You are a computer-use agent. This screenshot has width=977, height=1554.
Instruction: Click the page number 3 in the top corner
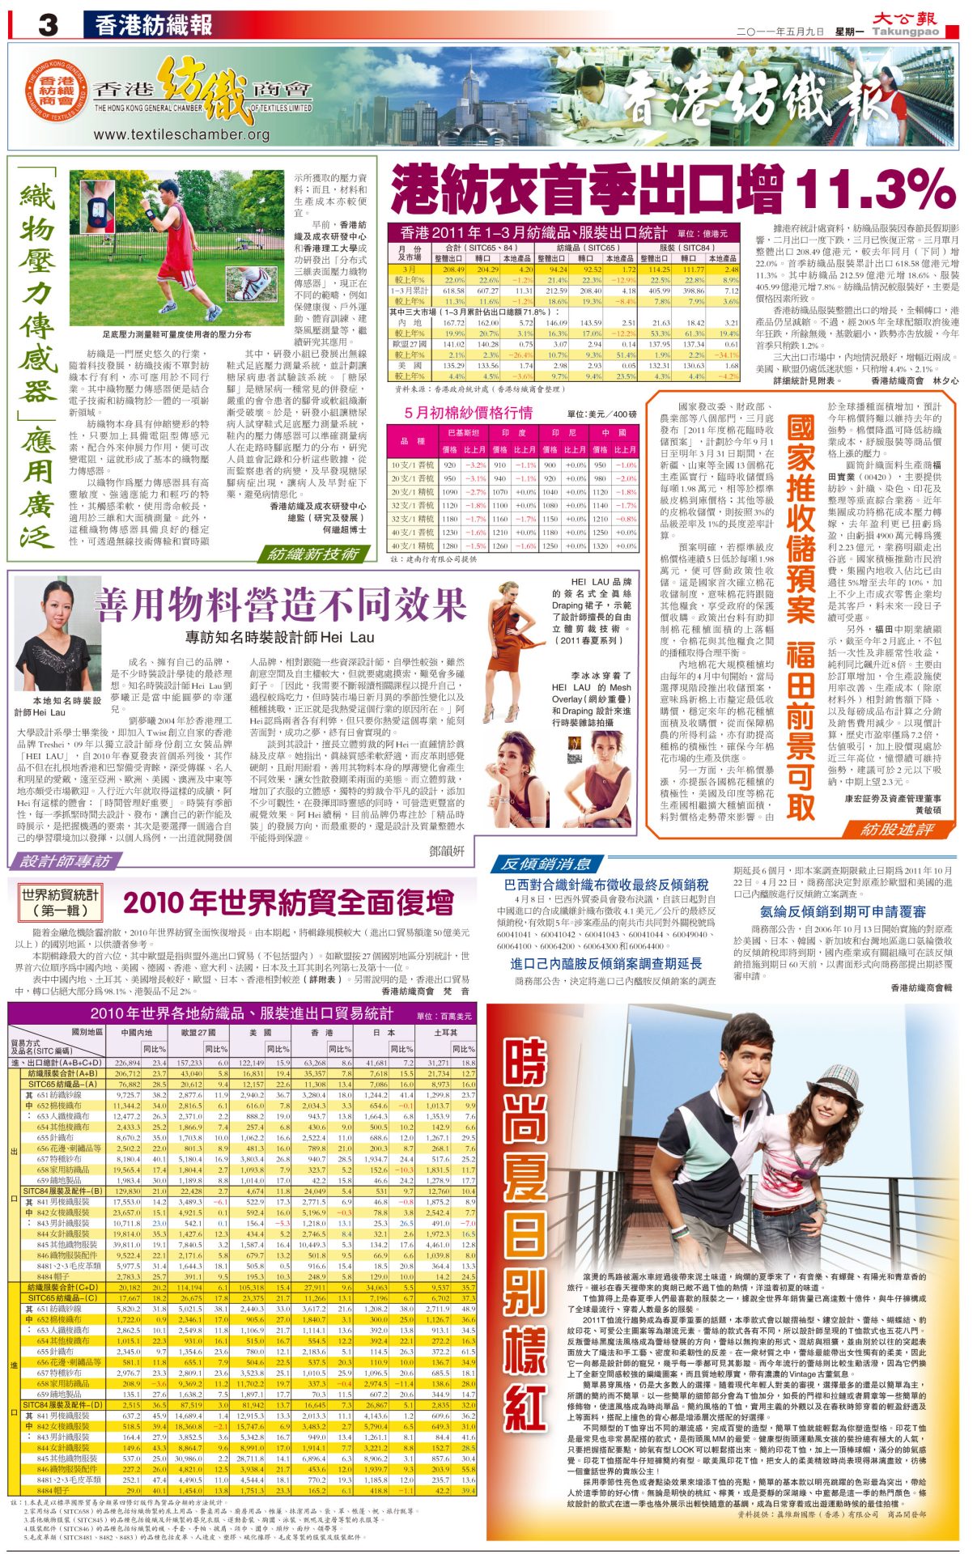click(47, 25)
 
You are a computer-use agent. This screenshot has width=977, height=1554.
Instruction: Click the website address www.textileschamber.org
click(181, 134)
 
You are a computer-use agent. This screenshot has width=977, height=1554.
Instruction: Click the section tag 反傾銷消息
click(546, 864)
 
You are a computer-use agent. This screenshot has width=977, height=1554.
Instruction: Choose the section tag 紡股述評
click(898, 829)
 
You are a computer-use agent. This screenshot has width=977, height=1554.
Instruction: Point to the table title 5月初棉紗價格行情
click(469, 413)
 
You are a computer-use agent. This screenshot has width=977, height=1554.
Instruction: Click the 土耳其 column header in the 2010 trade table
click(445, 1032)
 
